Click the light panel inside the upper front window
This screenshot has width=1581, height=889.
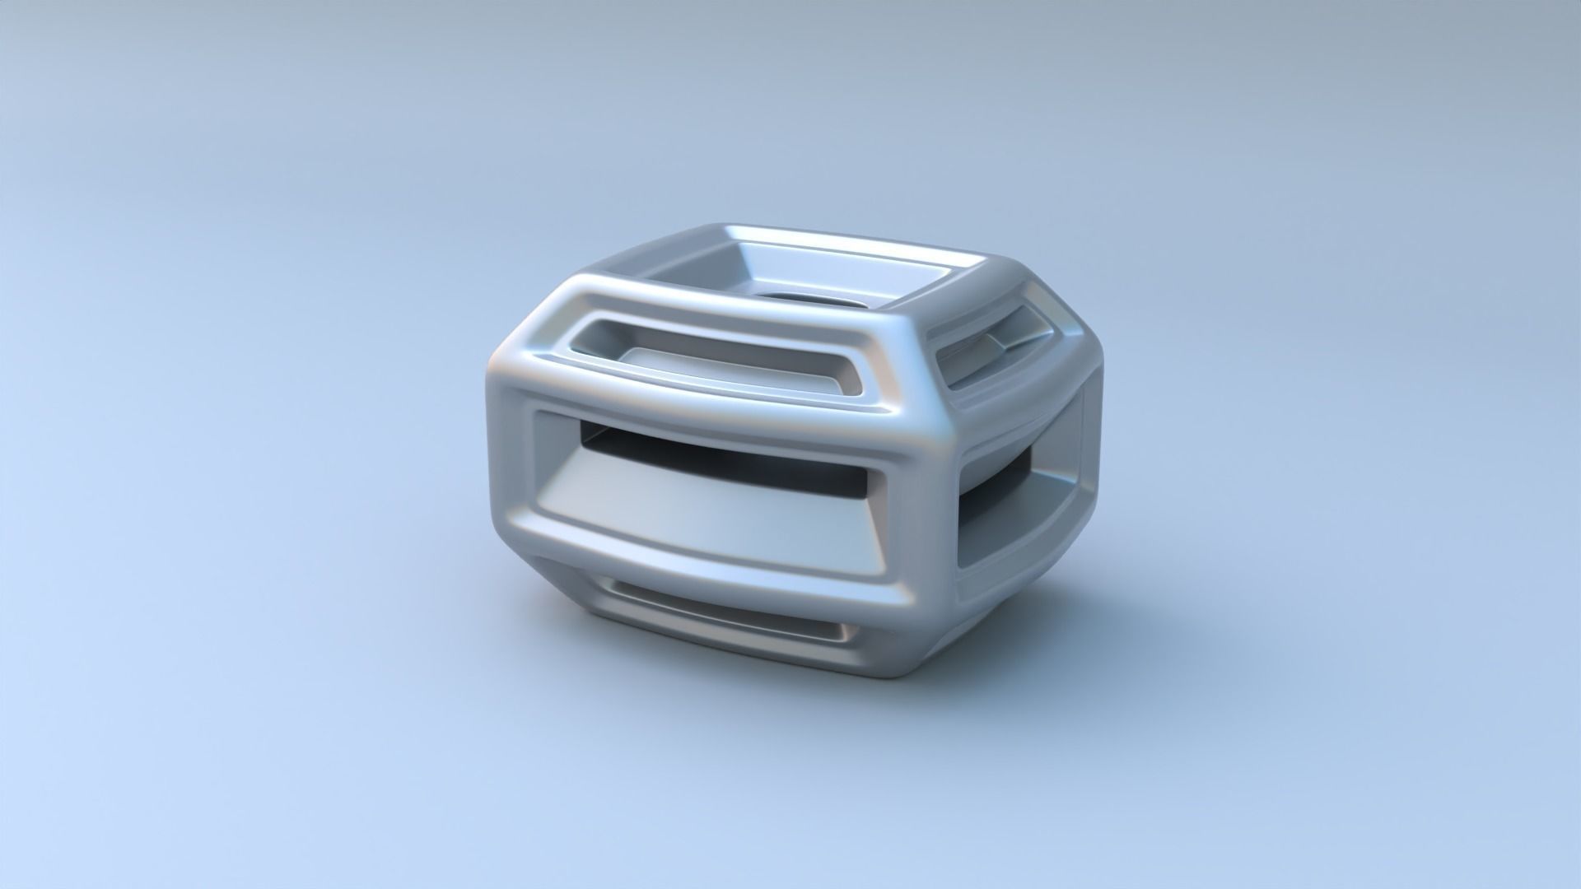tap(700, 366)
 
